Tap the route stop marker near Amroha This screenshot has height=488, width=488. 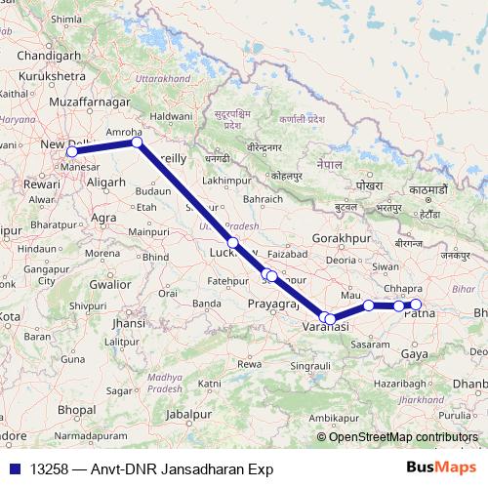pos(138,142)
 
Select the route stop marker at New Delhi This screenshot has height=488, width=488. pos(71,152)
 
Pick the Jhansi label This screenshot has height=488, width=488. pos(128,322)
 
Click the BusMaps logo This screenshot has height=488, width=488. pos(438,468)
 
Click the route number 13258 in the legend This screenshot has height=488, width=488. pos(50,468)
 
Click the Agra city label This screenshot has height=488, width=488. pos(103,218)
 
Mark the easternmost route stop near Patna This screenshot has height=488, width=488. pos(416,305)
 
